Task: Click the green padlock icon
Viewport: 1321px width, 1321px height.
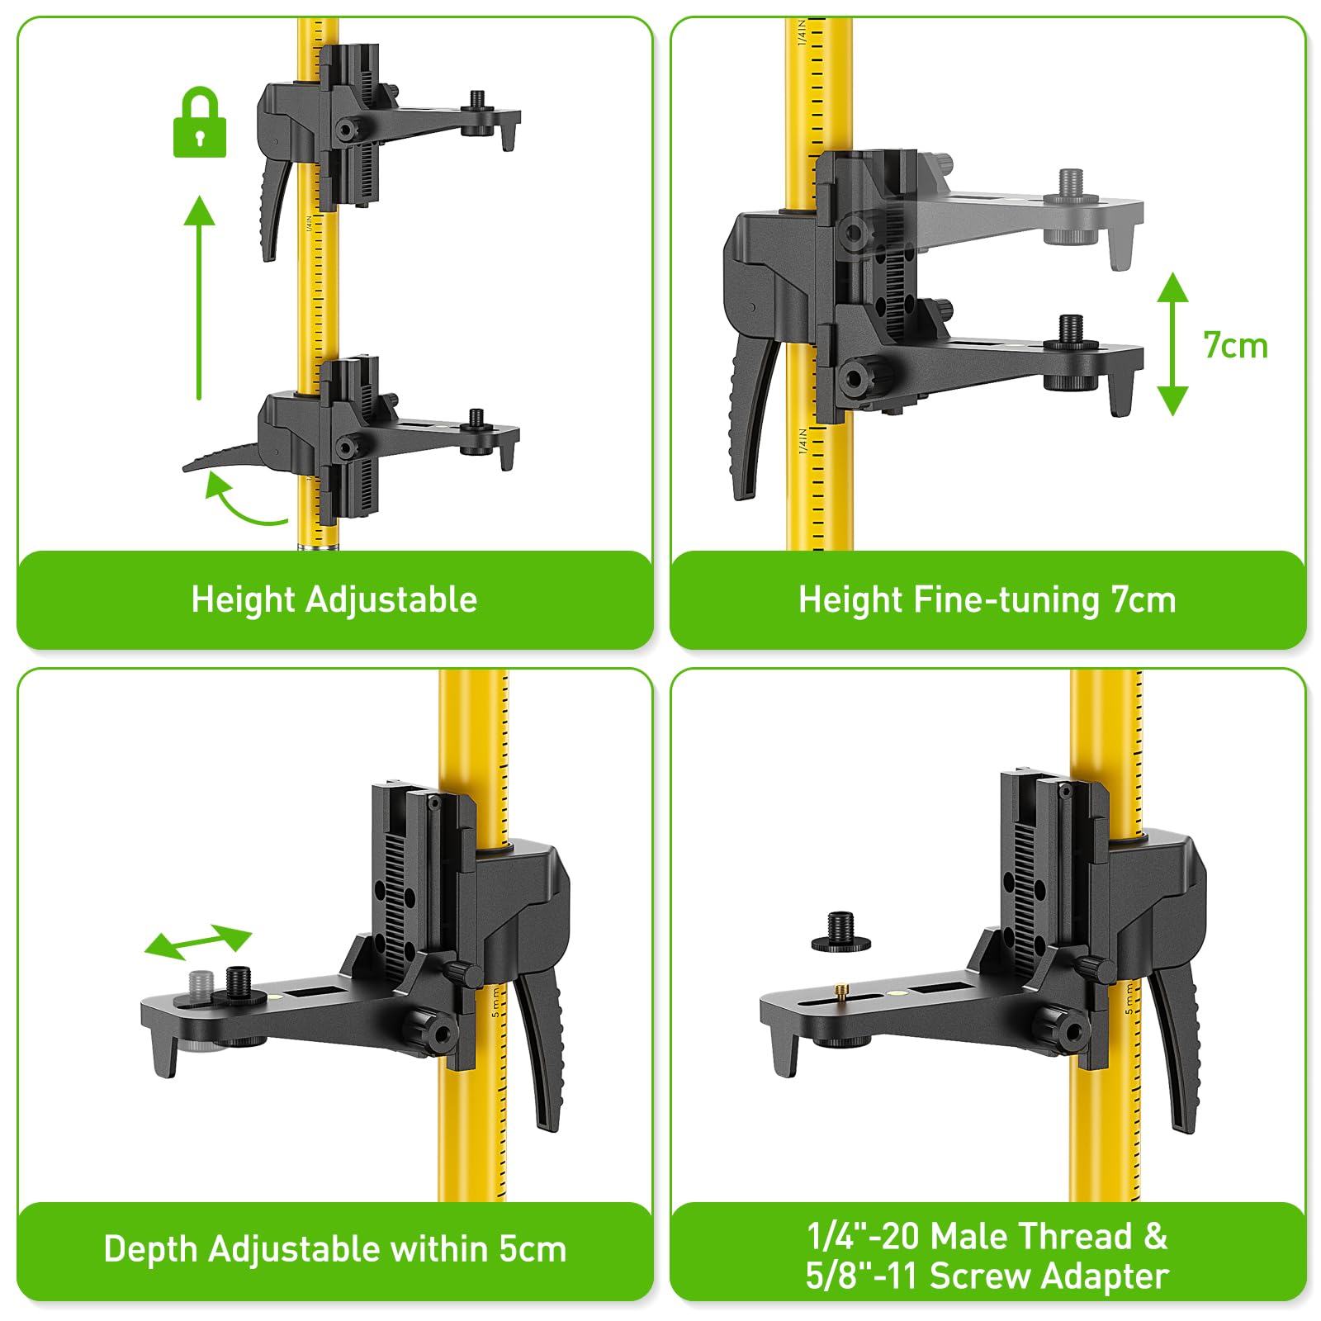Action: click(199, 124)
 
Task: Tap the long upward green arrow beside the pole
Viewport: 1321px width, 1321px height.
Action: click(199, 297)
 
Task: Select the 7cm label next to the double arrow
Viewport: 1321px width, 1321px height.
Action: click(1235, 346)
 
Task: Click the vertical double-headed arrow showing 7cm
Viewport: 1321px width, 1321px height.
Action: click(1172, 344)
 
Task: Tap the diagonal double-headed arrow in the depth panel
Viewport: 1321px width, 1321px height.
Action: click(198, 942)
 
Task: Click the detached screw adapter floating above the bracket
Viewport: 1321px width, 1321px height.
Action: click(841, 934)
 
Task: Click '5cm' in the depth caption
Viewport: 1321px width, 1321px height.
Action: click(533, 1249)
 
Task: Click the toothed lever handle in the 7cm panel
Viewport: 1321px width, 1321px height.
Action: click(751, 413)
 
